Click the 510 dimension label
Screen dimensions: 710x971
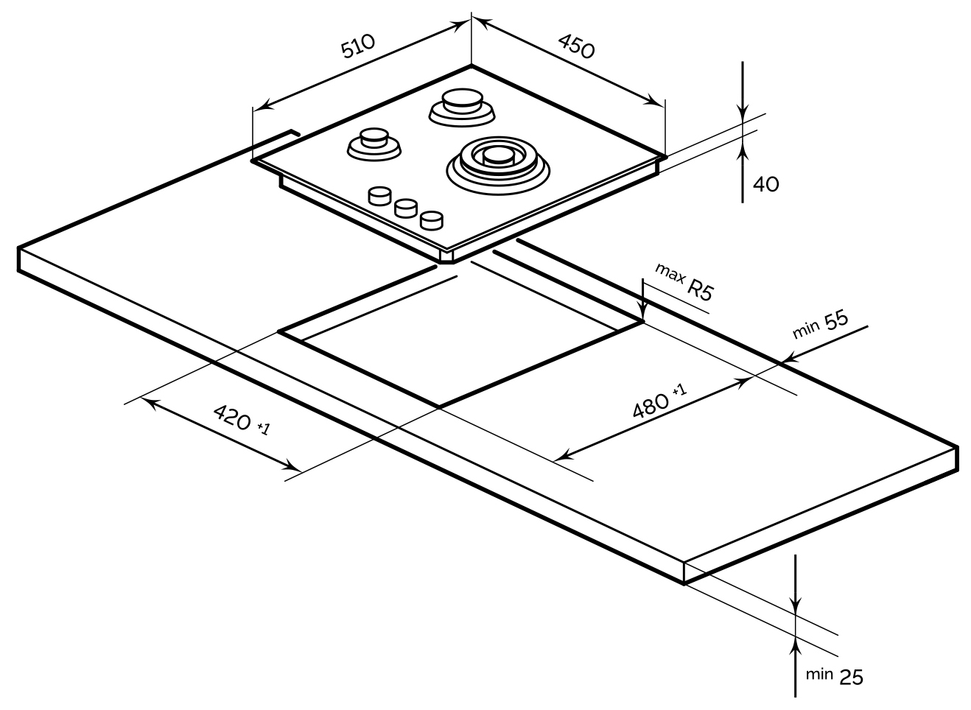click(358, 46)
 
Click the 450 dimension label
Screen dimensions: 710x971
click(575, 46)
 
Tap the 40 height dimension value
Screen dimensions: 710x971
click(766, 184)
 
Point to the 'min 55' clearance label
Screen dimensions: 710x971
click(820, 326)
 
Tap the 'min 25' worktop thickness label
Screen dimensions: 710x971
click(833, 676)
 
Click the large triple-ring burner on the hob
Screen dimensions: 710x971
click(497, 162)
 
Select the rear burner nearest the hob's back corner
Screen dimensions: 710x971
click(462, 105)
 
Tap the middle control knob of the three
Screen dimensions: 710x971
click(406, 208)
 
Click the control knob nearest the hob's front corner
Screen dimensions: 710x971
click(431, 219)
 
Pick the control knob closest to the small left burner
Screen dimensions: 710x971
click(380, 196)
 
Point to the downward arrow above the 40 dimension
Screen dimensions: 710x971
click(743, 110)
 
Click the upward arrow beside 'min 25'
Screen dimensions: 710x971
click(795, 648)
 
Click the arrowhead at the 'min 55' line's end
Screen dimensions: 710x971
click(785, 360)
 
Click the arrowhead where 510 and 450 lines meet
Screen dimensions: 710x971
click(471, 21)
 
